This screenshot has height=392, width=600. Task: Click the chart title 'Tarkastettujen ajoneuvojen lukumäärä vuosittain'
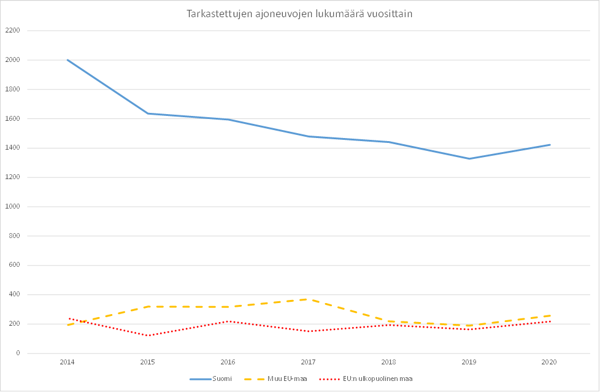click(299, 14)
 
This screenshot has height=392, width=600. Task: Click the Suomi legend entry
click(221, 379)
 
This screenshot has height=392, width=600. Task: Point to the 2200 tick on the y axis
click(13, 31)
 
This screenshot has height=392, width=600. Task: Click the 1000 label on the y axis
click(13, 207)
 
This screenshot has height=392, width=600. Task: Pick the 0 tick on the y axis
click(18, 353)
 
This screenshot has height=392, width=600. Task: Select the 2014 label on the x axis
click(67, 363)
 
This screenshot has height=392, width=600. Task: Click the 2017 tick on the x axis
click(309, 363)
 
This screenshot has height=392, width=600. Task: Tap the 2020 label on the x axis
click(549, 363)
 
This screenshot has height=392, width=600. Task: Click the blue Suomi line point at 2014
click(67, 60)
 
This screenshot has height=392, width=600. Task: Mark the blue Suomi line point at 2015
click(148, 113)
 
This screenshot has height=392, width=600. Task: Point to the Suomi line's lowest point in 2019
click(469, 159)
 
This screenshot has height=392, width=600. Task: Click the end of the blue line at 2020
click(550, 145)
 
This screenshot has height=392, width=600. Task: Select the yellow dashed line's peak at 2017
click(309, 299)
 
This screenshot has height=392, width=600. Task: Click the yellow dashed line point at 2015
click(148, 306)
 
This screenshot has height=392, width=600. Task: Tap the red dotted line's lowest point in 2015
click(148, 336)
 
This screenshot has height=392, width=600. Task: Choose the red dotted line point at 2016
click(228, 321)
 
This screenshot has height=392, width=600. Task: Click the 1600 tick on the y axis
click(13, 118)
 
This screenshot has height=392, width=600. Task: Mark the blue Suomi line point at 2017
click(309, 136)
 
